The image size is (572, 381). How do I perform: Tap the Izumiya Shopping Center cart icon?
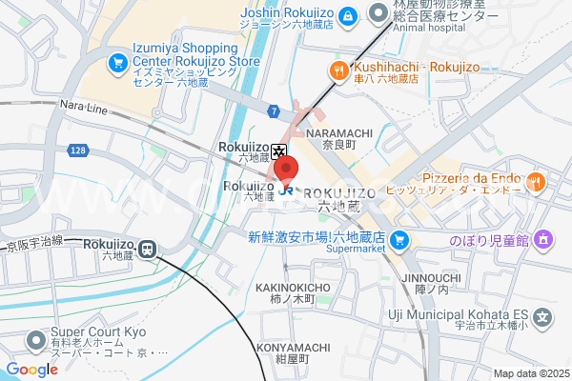(x=117, y=63)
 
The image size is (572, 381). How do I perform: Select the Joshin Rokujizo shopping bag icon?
(x=349, y=15)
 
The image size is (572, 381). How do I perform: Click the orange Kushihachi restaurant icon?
(x=337, y=68)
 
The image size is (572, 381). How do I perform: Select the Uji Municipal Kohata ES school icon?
(x=542, y=317)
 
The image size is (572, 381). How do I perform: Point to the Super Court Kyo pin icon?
(x=36, y=339)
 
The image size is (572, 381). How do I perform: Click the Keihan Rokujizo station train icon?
(x=148, y=249)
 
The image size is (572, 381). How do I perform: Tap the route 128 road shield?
(x=78, y=151)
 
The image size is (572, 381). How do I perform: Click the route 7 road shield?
(x=273, y=112)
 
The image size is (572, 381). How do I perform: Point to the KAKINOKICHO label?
(x=293, y=288)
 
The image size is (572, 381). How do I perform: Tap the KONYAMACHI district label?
(x=292, y=349)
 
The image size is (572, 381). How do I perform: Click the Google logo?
(x=31, y=370)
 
